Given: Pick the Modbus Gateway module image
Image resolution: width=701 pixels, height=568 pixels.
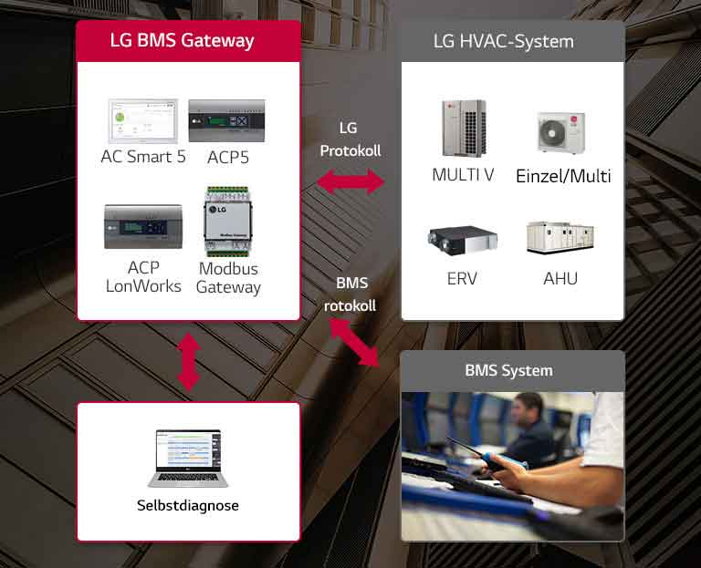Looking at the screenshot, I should tap(228, 221).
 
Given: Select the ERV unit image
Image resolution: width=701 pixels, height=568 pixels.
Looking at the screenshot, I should tap(462, 240).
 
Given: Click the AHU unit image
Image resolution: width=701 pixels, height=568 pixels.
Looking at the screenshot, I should tap(560, 238).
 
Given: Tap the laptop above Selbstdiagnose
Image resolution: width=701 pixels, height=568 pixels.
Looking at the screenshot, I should tap(188, 459).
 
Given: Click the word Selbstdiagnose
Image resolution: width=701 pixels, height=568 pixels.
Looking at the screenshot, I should tap(188, 504).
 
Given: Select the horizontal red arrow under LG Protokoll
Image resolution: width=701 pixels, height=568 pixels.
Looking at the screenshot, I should tap(350, 182).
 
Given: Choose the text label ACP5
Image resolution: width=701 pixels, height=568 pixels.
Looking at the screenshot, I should tap(228, 157).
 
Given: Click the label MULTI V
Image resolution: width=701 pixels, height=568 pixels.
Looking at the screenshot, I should tap(463, 175).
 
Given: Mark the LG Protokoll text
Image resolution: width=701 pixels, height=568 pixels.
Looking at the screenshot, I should tap(350, 139).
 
